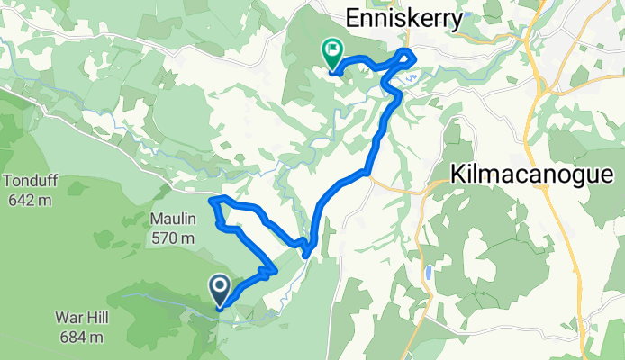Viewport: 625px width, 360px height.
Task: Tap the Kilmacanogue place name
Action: (537, 174)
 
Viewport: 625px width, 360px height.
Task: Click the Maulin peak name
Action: (172, 218)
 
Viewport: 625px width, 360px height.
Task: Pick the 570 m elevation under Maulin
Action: (172, 238)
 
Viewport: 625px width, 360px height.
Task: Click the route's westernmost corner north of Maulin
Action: (212, 201)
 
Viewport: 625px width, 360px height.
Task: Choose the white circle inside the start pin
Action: (220, 287)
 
